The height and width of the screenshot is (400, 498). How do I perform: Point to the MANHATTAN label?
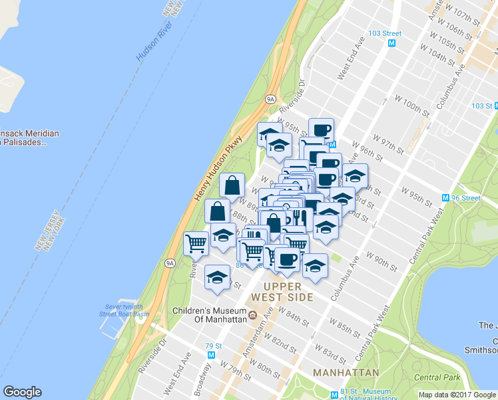tap(348, 372)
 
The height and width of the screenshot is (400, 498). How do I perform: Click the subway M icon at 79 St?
tap(209, 356)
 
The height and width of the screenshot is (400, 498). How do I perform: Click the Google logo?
tap(22, 391)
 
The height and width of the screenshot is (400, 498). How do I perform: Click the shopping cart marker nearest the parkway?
tap(196, 243)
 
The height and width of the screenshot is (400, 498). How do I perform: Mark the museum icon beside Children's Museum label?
tap(253, 315)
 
